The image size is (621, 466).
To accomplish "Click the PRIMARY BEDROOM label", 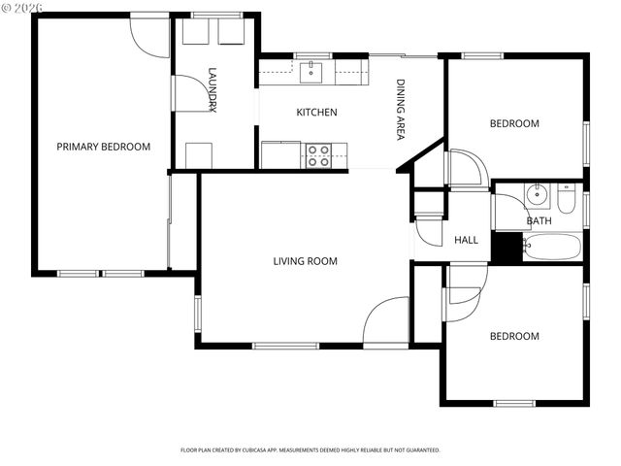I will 103,147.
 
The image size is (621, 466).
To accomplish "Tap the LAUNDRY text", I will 212,90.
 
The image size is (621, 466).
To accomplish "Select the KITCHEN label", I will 316,113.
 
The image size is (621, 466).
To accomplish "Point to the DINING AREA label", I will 400,110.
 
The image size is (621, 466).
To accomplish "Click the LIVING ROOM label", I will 305,260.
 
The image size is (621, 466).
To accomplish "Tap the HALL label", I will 466,240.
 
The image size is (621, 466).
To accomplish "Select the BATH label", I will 539,220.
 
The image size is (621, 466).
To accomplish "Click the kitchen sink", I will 312,70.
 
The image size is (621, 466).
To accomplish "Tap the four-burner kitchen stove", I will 319,155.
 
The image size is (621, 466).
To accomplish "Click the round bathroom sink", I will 537,195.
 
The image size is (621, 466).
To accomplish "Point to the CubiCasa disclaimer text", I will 310,450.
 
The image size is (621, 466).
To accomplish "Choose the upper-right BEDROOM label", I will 513,123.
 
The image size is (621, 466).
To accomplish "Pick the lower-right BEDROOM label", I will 513,336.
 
